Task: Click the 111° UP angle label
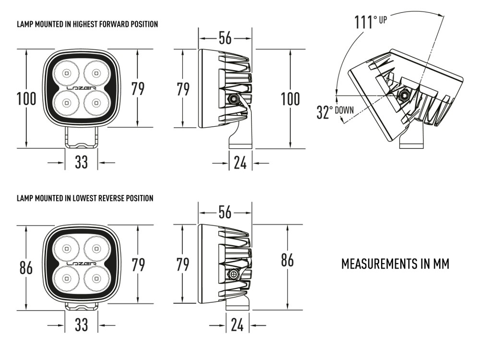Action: (370, 22)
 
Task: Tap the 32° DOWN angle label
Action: (335, 112)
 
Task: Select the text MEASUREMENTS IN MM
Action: (395, 264)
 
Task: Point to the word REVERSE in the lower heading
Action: (110, 198)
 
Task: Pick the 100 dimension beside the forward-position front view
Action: (26, 99)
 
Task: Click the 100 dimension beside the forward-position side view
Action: (290, 99)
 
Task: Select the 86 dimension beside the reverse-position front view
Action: (26, 267)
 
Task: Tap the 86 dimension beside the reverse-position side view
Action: (287, 260)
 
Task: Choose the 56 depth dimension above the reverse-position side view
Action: (225, 212)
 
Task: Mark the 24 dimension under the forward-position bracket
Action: (240, 163)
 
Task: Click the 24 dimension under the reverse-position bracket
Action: (237, 325)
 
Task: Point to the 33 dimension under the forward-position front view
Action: (82, 162)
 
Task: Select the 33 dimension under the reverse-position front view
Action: (82, 325)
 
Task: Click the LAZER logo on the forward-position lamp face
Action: (81, 88)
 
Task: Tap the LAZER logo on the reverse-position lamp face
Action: (81, 264)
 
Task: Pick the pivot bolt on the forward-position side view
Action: (233, 99)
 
